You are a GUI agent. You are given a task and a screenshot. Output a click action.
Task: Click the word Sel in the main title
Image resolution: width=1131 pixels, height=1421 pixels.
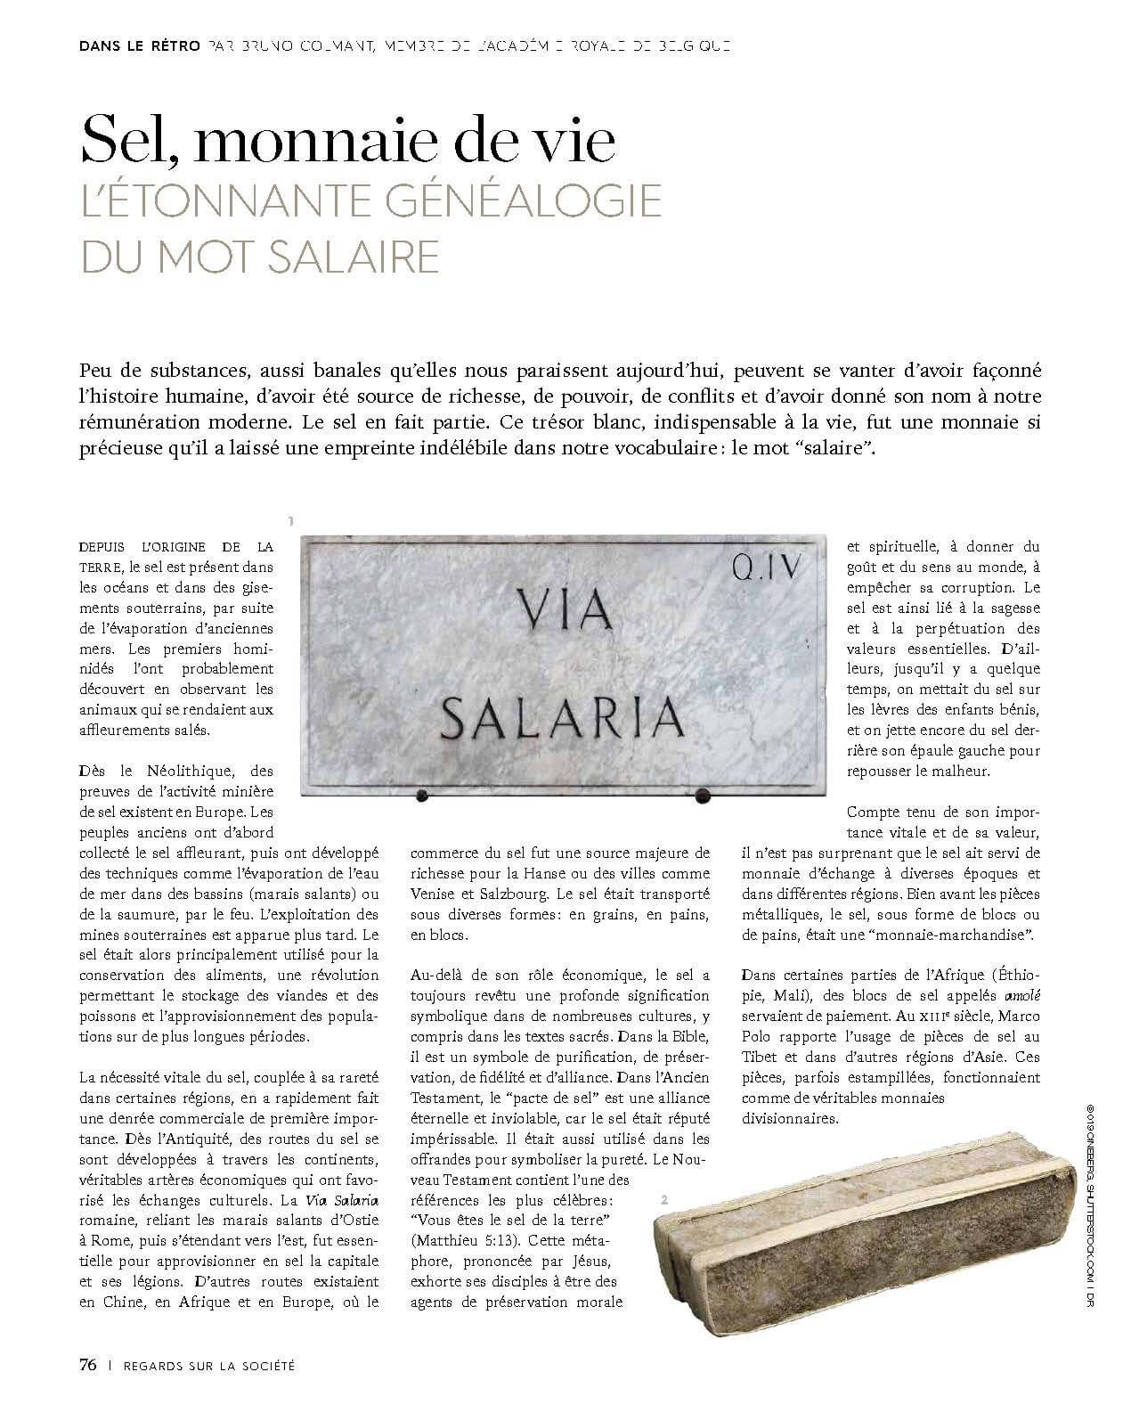(x=122, y=141)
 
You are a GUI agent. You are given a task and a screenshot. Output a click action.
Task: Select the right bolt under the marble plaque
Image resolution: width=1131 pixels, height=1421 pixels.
(x=703, y=794)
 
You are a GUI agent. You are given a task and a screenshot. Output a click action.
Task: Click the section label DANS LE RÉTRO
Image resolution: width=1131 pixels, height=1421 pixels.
(x=138, y=45)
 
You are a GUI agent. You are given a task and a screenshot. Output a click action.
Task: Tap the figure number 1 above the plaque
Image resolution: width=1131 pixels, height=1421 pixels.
(x=290, y=519)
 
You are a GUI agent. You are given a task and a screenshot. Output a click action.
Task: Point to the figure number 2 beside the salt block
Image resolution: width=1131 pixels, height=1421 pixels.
(x=663, y=1199)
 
